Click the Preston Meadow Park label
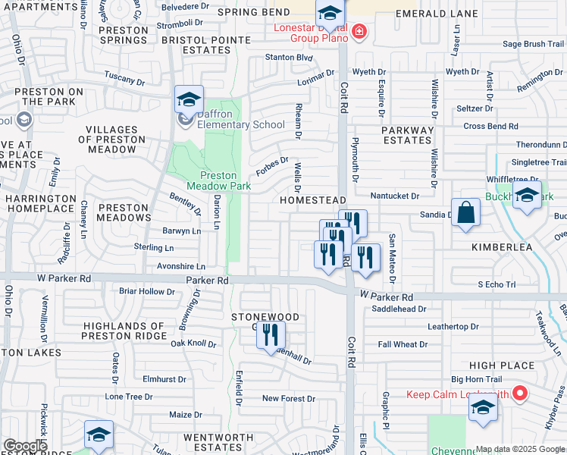[219, 180]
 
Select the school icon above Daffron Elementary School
[189, 99]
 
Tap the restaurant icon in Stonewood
[271, 334]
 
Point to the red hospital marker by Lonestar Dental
[358, 33]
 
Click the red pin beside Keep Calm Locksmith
[519, 394]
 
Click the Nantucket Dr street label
[394, 196]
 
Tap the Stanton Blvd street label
[289, 57]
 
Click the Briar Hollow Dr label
[147, 291]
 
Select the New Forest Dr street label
[288, 398]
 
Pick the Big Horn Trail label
[477, 379]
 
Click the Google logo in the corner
[25, 446]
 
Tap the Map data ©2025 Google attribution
[520, 450]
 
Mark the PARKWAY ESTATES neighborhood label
[407, 135]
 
